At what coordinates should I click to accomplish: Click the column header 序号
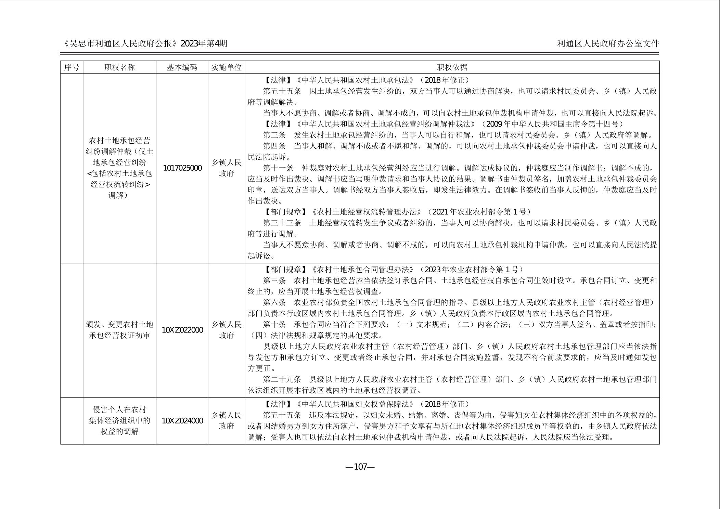[x=72, y=67]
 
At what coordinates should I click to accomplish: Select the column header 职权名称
[x=119, y=67]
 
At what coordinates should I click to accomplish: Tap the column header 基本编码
[x=182, y=67]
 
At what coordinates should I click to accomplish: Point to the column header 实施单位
[x=226, y=67]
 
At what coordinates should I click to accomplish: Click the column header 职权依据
[x=452, y=67]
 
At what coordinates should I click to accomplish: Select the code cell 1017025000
[x=182, y=168]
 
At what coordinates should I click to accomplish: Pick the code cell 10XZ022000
[x=182, y=330]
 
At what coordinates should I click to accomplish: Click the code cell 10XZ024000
[x=182, y=421]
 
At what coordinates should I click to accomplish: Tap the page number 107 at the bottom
[x=360, y=467]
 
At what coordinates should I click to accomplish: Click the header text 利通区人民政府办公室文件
[x=608, y=43]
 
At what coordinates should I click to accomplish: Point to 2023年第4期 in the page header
[x=204, y=43]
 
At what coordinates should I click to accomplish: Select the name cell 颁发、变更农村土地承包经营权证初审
[x=119, y=330]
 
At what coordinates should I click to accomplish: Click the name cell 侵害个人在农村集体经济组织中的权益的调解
[x=119, y=420]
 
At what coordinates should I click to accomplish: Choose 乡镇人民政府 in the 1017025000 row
[x=226, y=168]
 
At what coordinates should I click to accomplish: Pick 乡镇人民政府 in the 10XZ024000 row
[x=226, y=420]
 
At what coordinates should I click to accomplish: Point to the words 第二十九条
[x=282, y=379]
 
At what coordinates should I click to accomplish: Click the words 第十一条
[x=278, y=168]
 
